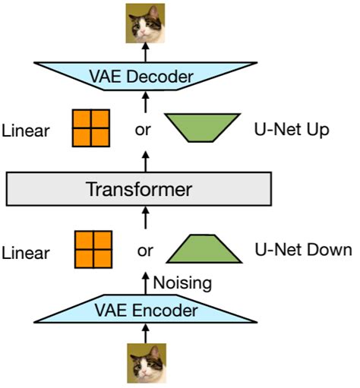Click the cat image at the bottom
coord(146,364)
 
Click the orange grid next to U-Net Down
coord(93,250)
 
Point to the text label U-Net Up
coord(291,129)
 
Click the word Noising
coord(180,282)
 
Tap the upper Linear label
coord(27,130)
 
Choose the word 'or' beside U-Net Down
coord(146,250)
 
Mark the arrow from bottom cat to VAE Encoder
coord(146,334)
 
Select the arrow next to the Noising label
coord(146,282)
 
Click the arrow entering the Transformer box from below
coord(146,219)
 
